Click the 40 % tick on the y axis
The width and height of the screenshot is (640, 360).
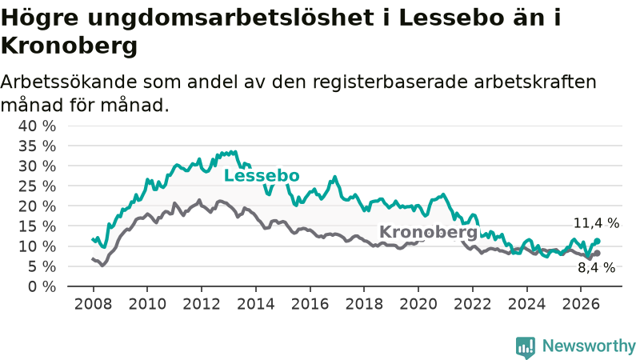click(37, 126)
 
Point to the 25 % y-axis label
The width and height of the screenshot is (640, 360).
click(37, 186)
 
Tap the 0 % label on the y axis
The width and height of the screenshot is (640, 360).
click(42, 286)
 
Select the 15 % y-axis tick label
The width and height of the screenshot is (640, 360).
click(37, 226)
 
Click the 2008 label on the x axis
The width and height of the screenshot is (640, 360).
click(93, 304)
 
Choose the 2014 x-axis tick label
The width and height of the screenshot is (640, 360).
click(256, 304)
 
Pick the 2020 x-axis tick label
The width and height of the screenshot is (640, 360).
click(418, 304)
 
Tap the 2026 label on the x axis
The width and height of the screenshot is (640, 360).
click(581, 304)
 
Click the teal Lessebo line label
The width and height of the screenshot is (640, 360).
click(262, 176)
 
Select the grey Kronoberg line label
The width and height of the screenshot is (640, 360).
click(428, 232)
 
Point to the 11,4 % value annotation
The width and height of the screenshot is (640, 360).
click(596, 223)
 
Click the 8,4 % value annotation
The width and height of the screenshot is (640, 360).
click(596, 268)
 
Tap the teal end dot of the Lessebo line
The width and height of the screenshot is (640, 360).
click(597, 242)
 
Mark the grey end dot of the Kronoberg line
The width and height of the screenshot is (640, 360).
click(597, 253)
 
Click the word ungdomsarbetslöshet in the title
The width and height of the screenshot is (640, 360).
click(230, 18)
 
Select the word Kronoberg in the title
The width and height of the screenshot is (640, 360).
click(69, 46)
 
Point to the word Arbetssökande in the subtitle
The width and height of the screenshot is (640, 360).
click(69, 82)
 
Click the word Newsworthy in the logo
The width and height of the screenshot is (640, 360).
click(589, 346)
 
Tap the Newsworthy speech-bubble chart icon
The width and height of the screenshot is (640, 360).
click(526, 347)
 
